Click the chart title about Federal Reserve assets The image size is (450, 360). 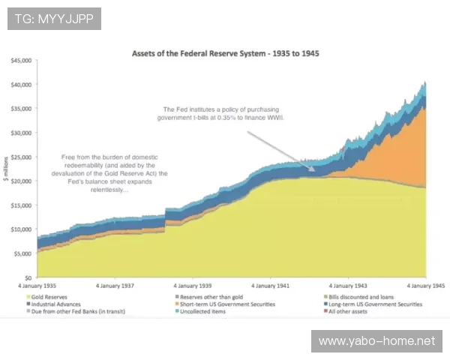pyautogui.click(x=225, y=54)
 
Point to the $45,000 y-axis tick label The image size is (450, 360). pyautogui.click(x=21, y=61)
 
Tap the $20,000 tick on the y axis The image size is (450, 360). pyautogui.click(x=21, y=181)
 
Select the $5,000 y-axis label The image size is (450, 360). pyautogui.click(x=22, y=253)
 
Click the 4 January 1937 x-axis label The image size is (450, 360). pyautogui.click(x=115, y=286)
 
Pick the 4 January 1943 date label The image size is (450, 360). pyautogui.click(x=348, y=286)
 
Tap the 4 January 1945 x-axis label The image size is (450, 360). pyautogui.click(x=426, y=286)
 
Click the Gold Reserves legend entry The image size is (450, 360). pyautogui.click(x=46, y=297)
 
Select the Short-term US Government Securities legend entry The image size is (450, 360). pyautogui.click(x=225, y=304)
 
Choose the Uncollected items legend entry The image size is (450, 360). pyautogui.click(x=200, y=311)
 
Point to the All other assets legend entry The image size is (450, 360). pyautogui.click(x=345, y=311)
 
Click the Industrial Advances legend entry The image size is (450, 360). pyautogui.click(x=53, y=304)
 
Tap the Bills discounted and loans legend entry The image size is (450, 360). pyautogui.click(x=358, y=297)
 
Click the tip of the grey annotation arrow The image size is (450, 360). pyautogui.click(x=316, y=171)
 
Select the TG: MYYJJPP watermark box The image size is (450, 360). pyautogui.click(x=54, y=19)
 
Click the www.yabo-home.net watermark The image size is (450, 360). pyautogui.click(x=376, y=341)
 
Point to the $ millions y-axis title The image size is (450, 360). pyautogui.click(x=6, y=169)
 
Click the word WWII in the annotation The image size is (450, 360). pyautogui.click(x=275, y=118)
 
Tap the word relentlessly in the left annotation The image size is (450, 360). pyautogui.click(x=109, y=190)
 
